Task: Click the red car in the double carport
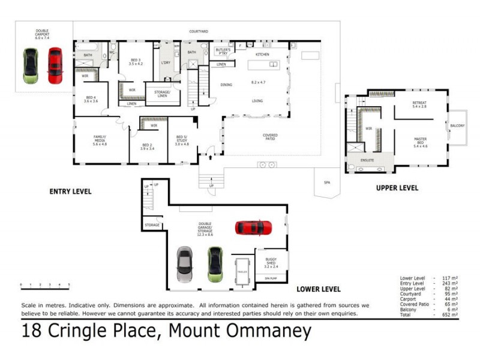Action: (55, 65)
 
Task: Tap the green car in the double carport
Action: (30, 65)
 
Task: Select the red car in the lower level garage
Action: (253, 228)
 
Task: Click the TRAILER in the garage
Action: (242, 271)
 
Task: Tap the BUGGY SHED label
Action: (271, 262)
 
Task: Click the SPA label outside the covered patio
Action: (327, 182)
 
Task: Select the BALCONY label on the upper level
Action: (457, 125)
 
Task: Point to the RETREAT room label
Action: (419, 104)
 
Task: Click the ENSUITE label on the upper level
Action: (367, 160)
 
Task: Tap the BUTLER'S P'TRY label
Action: (223, 52)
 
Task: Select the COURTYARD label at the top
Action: (199, 31)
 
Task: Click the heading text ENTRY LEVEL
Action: (70, 191)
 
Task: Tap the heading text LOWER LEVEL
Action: (319, 289)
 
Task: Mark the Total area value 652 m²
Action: (450, 314)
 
